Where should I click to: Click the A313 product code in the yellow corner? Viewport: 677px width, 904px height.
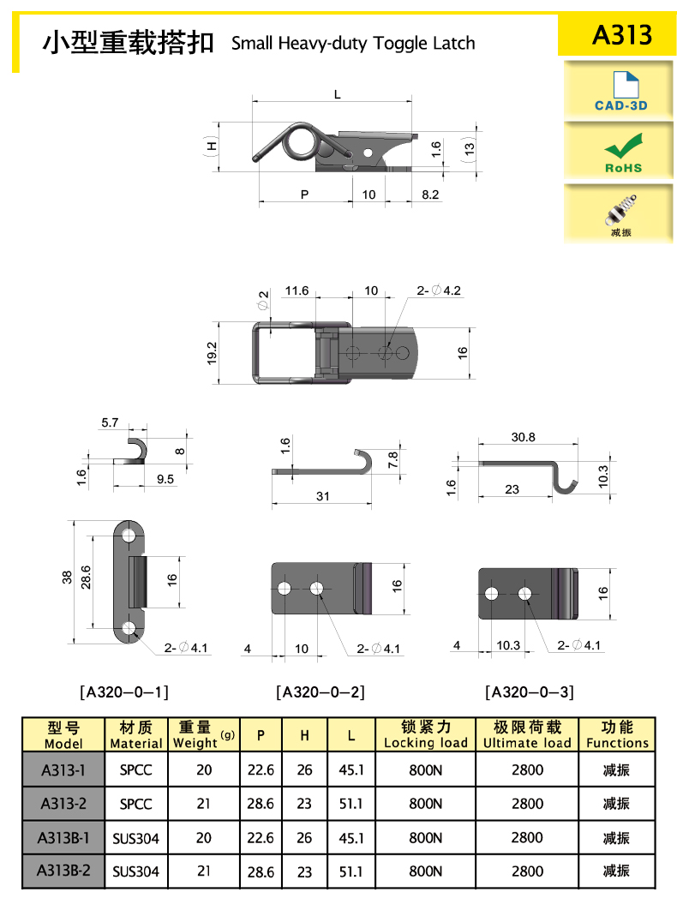621,34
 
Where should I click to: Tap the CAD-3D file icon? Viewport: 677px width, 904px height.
626,84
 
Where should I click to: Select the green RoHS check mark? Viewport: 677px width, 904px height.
623,146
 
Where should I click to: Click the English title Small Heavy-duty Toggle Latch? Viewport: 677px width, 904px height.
353,43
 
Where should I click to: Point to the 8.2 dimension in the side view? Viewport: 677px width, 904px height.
430,195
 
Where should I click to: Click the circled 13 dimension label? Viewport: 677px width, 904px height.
470,148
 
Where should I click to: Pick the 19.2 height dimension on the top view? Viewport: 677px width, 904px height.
212,353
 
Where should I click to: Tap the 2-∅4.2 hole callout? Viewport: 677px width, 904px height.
439,290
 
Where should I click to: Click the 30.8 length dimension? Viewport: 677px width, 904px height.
523,437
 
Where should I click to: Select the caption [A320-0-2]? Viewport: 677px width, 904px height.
321,691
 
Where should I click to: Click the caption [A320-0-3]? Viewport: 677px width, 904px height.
530,691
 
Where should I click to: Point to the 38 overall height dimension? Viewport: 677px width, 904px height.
67,578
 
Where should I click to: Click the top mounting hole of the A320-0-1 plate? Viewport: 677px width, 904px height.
128,536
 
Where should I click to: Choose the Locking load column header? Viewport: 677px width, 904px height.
426,734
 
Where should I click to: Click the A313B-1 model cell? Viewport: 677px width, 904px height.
63,838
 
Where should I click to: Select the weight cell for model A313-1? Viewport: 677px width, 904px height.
204,769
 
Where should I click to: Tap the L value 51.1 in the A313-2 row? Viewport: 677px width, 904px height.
351,804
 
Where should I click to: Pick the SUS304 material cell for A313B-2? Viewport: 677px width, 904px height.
135,871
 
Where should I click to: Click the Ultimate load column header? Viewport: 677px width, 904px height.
527,734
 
